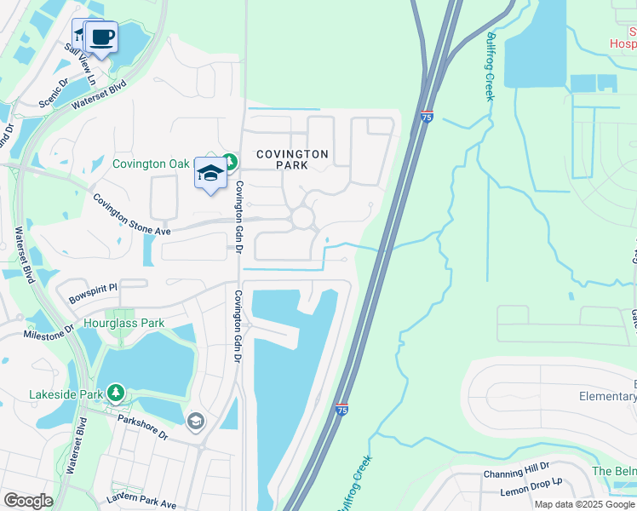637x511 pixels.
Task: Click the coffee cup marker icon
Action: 103,37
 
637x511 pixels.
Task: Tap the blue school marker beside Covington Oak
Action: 210,174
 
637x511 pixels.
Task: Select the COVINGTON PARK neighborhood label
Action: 292,159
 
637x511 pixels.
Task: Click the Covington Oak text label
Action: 152,163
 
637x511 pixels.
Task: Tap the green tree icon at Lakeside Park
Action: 114,393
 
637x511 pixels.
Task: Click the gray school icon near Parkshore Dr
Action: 195,422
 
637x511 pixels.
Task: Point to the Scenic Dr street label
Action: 53,95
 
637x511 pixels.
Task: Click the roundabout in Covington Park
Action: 302,219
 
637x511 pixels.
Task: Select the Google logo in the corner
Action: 28,501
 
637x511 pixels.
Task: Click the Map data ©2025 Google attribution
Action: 584,504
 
